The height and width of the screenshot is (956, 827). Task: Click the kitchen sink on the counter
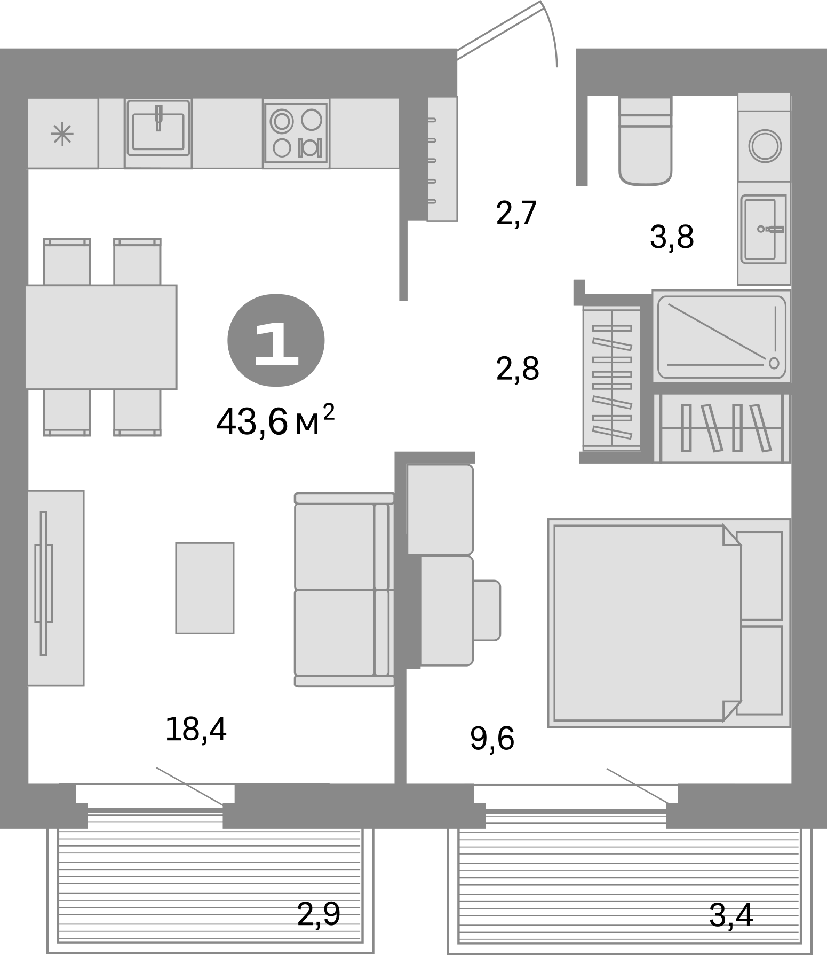point(158,132)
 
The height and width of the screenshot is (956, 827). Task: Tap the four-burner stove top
point(296,133)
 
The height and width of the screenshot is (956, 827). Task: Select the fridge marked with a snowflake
point(62,134)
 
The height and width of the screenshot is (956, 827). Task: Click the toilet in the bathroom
point(645,142)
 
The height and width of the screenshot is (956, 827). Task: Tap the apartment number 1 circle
point(276,340)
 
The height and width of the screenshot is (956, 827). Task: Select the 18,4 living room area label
point(196,730)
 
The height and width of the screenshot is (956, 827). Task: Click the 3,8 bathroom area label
point(671,238)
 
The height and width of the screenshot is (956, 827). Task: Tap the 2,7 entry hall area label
point(515,214)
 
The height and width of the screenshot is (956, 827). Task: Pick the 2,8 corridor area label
point(517,368)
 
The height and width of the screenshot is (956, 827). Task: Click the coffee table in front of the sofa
point(205,587)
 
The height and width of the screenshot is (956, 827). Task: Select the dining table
point(101,336)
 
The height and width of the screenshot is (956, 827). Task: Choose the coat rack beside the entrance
point(442,159)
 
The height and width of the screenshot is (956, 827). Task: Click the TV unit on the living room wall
point(56,587)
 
